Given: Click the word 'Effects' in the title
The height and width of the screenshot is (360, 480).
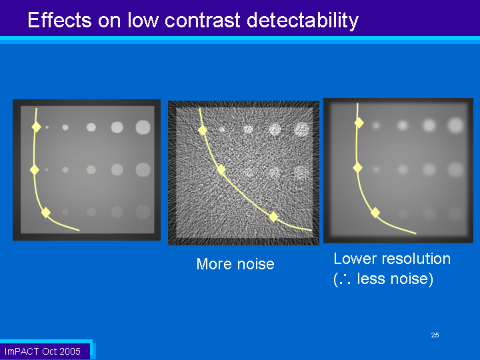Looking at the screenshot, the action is tap(59, 20).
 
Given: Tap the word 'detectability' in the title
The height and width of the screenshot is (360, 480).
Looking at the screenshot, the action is tap(303, 21).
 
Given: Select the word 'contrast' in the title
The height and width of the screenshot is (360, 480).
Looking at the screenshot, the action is tap(203, 21).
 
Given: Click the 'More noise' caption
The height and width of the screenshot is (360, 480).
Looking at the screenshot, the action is tap(235, 264).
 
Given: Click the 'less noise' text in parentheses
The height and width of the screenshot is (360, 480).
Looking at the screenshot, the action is tap(395, 279).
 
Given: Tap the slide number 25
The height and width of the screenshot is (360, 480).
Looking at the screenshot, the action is tap(435, 335).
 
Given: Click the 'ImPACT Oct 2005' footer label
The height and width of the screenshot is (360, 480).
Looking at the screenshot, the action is tap(43, 351).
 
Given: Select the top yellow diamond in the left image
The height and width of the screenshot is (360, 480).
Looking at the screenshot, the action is tap(37, 127).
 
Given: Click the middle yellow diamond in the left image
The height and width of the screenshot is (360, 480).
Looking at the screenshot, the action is tap(35, 169).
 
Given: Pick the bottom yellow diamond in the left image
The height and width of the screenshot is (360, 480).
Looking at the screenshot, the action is tap(46, 213).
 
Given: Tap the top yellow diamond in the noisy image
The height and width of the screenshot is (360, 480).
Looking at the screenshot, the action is tap(203, 130).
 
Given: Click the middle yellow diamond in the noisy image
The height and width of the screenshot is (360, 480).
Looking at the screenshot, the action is tap(221, 169).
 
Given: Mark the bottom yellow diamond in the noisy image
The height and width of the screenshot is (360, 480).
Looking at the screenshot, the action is tap(273, 217).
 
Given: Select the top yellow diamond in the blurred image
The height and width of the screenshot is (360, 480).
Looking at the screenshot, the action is tap(359, 123).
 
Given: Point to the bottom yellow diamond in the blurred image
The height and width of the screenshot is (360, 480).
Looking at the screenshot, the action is tap(375, 213).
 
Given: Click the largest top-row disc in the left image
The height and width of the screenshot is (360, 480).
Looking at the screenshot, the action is tap(143, 127).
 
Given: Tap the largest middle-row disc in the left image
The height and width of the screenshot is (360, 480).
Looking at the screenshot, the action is tap(143, 169).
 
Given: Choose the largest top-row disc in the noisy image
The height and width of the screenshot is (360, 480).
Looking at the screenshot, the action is tap(301, 129).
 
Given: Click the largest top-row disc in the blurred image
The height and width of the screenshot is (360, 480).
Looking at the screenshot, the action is tap(456, 125).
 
